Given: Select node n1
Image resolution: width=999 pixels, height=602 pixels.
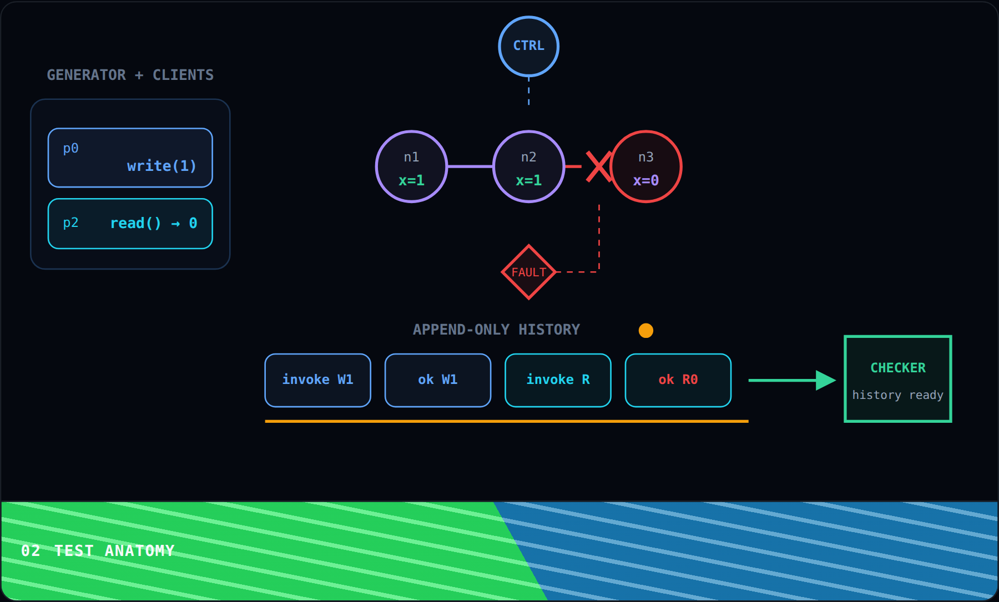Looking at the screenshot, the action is [x=411, y=166].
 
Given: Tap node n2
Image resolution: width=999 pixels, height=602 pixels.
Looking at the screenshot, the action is [x=528, y=166].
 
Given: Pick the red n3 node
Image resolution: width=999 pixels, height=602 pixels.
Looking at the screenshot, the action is [x=645, y=166].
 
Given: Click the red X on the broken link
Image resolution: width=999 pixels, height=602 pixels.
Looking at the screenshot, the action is [x=599, y=166].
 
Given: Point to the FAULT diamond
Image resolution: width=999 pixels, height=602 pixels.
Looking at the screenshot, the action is [x=528, y=272].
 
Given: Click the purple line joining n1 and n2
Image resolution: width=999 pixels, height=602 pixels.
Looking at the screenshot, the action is [x=470, y=166].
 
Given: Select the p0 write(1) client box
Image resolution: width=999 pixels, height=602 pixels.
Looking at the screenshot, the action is [x=130, y=158].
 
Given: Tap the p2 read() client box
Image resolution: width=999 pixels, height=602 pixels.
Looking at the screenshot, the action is [x=130, y=224].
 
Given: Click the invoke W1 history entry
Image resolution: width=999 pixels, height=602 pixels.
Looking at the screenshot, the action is [x=318, y=380].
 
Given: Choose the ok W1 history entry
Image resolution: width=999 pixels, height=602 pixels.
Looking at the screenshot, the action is [x=438, y=380].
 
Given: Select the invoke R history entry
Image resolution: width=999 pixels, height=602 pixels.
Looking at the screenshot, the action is [x=558, y=380].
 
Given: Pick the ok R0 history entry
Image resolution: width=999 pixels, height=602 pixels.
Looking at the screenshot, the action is [x=678, y=380].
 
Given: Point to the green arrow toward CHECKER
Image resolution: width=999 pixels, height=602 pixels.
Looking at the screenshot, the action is [x=793, y=380].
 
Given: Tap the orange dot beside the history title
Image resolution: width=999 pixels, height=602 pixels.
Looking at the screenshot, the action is [x=646, y=331].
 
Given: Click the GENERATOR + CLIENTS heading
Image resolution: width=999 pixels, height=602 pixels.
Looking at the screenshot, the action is [x=130, y=75].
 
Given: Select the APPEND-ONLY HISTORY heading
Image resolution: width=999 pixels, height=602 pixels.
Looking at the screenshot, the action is [x=496, y=330].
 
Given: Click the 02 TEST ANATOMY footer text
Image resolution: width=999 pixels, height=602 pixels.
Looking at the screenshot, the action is [x=98, y=550].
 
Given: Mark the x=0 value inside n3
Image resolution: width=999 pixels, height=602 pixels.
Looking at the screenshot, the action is [x=646, y=180].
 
